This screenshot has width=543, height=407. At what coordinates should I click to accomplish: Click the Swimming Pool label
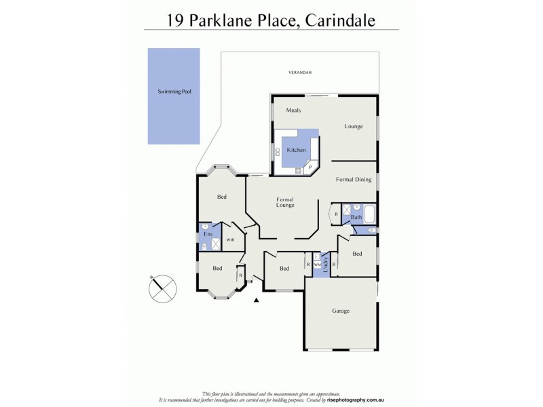pyautogui.click(x=174, y=91)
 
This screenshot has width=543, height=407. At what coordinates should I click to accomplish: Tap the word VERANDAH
pyautogui.click(x=299, y=72)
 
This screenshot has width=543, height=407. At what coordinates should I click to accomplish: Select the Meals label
pyautogui.click(x=293, y=111)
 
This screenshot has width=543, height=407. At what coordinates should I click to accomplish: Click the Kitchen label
pyautogui.click(x=296, y=150)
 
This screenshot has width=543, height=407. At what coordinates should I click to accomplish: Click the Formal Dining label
pyautogui.click(x=354, y=180)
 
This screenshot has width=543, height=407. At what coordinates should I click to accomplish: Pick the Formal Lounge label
pyautogui.click(x=285, y=202)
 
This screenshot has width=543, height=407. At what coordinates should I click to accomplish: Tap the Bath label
pyautogui.click(x=356, y=218)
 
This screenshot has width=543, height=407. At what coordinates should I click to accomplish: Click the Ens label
pyautogui.click(x=208, y=234)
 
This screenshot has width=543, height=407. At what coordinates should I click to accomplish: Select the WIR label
pyautogui.click(x=230, y=240)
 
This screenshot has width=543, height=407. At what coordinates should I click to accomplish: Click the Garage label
pyautogui.click(x=341, y=311)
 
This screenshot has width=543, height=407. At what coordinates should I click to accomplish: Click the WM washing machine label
pyautogui.click(x=317, y=265)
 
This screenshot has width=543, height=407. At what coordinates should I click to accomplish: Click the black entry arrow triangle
pyautogui.click(x=257, y=300)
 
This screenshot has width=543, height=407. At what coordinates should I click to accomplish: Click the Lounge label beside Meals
pyautogui.click(x=354, y=126)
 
